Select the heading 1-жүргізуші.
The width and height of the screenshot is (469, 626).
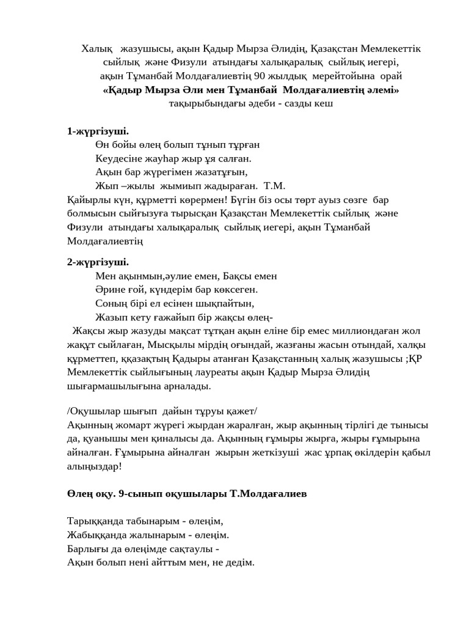coord(98,131)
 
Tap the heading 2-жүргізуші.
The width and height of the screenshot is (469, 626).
coord(98,262)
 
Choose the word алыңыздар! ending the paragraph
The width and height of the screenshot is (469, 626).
coord(95,466)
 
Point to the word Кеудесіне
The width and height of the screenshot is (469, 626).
coord(118,158)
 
